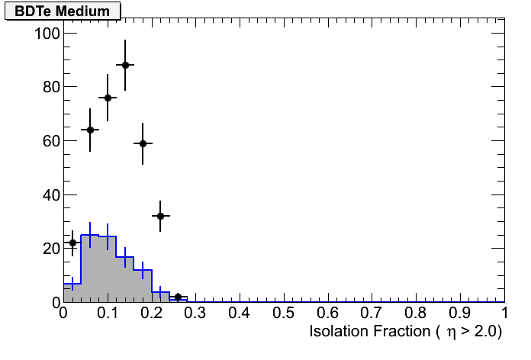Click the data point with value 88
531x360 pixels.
(x=125, y=65)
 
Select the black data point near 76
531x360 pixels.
(x=108, y=98)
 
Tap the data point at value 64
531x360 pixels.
(x=90, y=130)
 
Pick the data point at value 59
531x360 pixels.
(x=143, y=143)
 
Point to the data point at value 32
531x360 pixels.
(x=160, y=216)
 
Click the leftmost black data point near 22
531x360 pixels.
(x=72, y=243)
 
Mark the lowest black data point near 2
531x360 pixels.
(x=178, y=297)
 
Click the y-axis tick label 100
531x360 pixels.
(x=47, y=34)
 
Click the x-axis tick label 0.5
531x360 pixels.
(x=284, y=314)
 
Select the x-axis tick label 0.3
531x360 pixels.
(x=195, y=314)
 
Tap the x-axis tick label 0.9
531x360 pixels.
(x=460, y=314)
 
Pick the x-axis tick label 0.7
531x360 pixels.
(x=372, y=314)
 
